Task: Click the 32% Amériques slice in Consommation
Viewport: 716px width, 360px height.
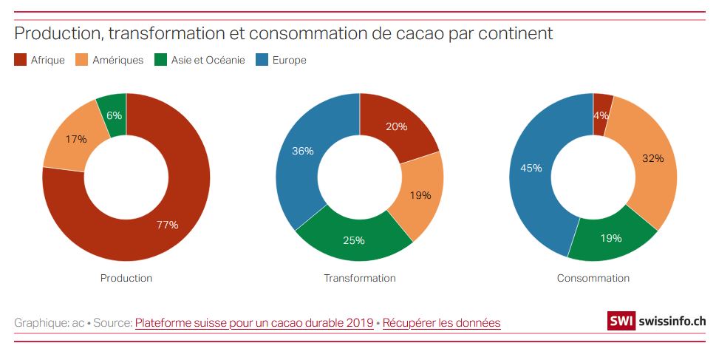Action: (x=650, y=159)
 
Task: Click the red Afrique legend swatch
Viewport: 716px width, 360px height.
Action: (x=21, y=60)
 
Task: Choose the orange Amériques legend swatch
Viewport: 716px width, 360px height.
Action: (x=83, y=60)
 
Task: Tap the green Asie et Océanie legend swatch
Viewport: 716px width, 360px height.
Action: (x=161, y=60)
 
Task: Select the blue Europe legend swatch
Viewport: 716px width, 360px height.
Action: (x=262, y=60)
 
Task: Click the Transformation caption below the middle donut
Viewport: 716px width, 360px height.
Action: (x=360, y=278)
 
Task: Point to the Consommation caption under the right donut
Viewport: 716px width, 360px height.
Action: (x=593, y=278)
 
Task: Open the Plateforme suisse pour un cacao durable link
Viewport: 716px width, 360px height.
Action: (x=254, y=323)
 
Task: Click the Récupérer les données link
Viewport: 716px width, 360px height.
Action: (x=441, y=323)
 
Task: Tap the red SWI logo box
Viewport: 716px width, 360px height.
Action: (x=621, y=322)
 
